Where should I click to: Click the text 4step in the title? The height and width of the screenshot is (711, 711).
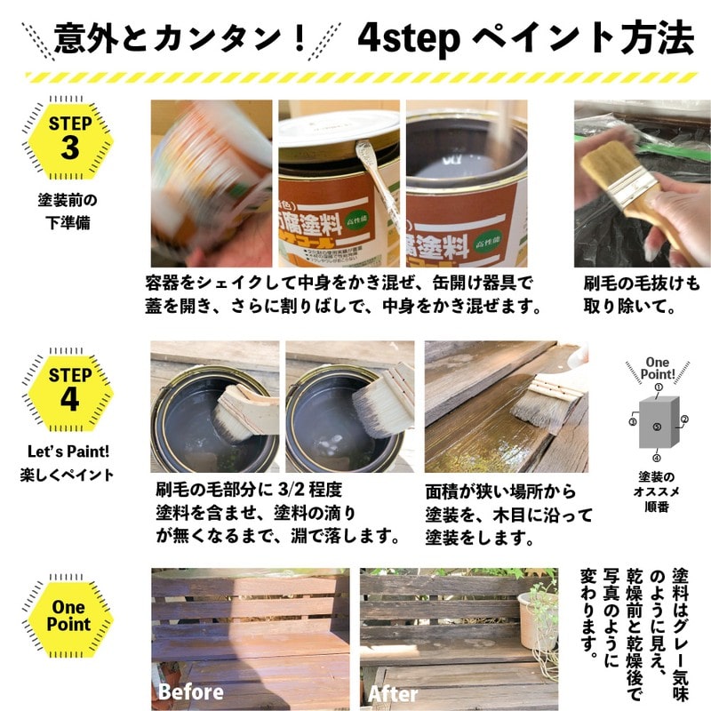point(406,38)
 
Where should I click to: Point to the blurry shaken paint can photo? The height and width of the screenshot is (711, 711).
point(211,182)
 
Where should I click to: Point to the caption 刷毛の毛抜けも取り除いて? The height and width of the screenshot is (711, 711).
point(641,296)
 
